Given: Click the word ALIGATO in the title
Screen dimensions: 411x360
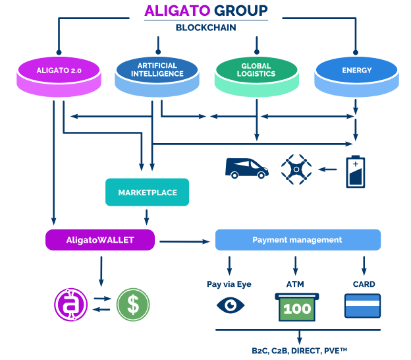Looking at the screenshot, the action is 177,11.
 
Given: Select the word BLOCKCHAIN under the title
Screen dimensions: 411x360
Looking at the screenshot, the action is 205,28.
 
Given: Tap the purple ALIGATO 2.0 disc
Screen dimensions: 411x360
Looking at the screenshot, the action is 59,76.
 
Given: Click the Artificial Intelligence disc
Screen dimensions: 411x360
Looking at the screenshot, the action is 157,76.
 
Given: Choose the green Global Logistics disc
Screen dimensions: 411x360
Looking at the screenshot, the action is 257,76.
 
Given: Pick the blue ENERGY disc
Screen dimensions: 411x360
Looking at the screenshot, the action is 356,76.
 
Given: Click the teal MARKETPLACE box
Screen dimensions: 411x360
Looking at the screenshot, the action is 147,192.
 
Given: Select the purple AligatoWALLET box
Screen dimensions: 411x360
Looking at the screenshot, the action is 100,240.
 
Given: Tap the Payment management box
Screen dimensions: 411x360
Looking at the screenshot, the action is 298,240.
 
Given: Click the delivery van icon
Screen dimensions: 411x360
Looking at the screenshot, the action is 246,168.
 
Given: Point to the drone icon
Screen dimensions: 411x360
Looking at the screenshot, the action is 296,169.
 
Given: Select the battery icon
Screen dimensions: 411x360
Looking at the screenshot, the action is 356,171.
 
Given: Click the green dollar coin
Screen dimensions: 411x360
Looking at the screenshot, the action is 133,305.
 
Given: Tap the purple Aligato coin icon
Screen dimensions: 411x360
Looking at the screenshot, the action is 70,305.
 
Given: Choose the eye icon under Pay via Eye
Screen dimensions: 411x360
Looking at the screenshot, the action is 231,305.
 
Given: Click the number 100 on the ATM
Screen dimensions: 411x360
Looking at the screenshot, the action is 297,309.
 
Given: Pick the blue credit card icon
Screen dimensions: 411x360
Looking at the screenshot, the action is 362,306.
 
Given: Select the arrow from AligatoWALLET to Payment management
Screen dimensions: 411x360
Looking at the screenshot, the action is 184,241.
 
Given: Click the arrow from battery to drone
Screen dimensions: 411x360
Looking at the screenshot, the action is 327,169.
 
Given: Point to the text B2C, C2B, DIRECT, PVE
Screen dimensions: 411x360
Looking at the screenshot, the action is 299,351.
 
